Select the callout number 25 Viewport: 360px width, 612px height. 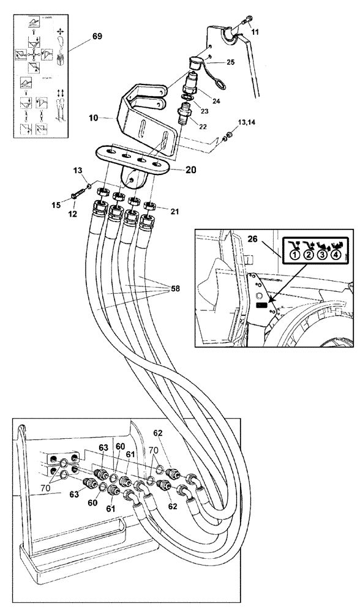click(231, 63)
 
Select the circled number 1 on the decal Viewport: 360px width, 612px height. click(294, 256)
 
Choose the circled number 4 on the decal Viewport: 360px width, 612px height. click(336, 256)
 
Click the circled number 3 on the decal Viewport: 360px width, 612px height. click(322, 256)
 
